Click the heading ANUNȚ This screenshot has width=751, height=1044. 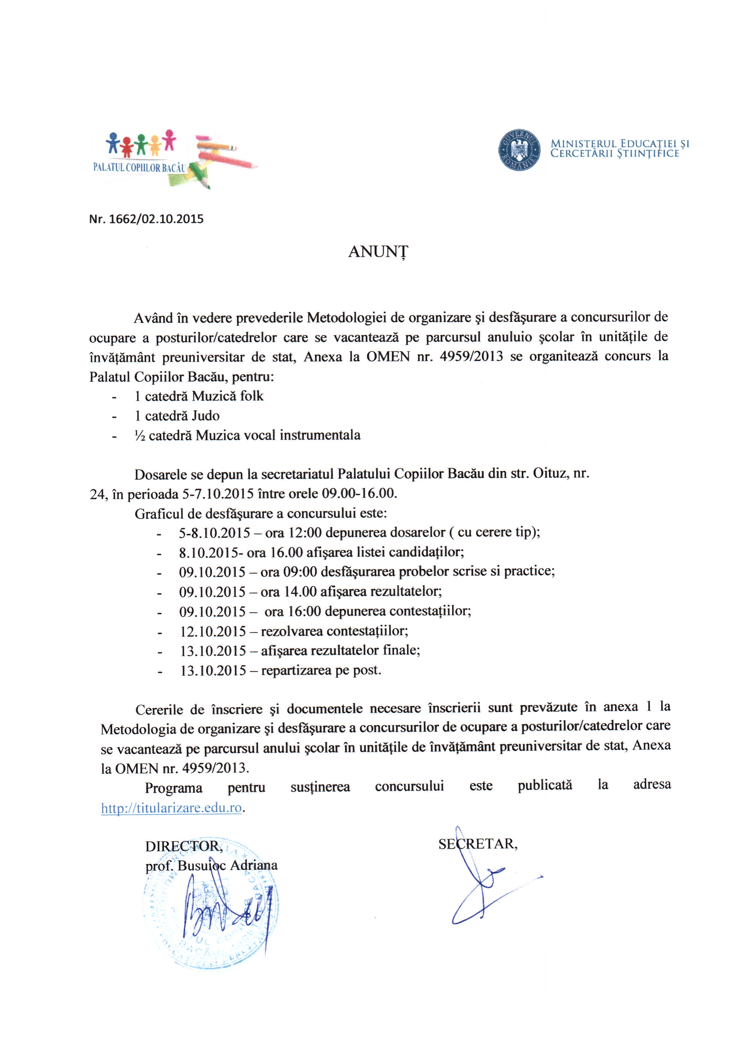(377, 252)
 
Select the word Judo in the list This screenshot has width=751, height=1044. (206, 416)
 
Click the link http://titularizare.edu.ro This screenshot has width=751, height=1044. (171, 808)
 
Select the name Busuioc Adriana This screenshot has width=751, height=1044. (227, 865)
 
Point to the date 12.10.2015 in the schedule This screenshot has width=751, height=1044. (213, 631)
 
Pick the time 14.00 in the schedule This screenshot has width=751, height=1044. (300, 592)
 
